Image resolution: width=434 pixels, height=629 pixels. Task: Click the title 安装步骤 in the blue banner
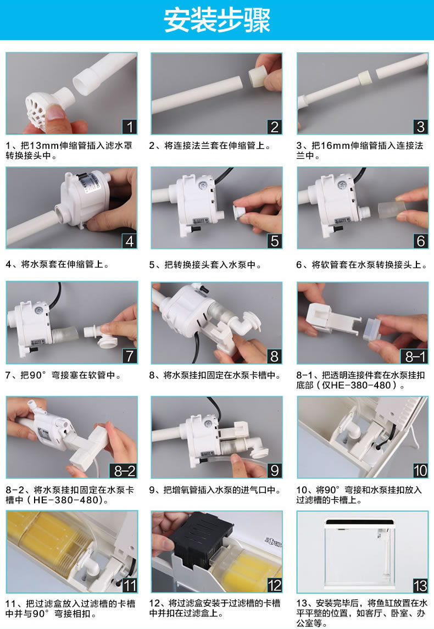pos(217,20)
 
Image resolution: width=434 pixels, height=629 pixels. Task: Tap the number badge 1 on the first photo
pos(129,127)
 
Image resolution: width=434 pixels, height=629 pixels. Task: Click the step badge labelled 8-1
pos(415,356)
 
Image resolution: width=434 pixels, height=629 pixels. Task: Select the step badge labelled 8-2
pos(124,471)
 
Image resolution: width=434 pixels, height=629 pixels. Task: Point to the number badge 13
pos(420,586)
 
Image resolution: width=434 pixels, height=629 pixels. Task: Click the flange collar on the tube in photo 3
pos(364,77)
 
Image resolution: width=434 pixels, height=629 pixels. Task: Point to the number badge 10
pos(420,471)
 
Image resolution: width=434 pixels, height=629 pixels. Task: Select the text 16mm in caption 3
pos(335,145)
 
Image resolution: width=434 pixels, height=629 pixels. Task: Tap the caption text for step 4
pos(57,264)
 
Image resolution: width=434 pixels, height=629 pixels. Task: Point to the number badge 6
pos(420,241)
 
